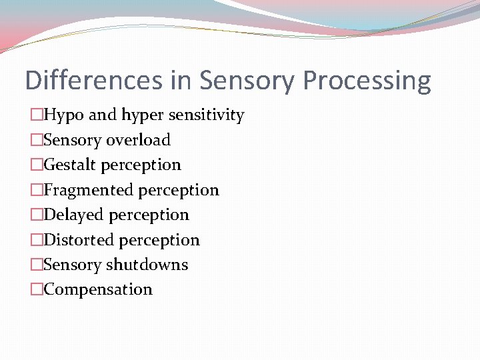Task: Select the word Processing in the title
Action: [367, 81]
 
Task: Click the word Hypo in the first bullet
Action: [64, 115]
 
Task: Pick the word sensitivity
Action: [207, 115]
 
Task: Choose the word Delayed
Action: [73, 215]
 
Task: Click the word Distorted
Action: [78, 240]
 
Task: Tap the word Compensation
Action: [98, 289]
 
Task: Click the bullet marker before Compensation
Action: [37, 289]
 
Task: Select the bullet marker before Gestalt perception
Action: [37, 165]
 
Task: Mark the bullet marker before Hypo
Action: [37, 115]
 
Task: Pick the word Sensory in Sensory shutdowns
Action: [73, 265]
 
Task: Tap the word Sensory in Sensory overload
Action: [73, 140]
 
